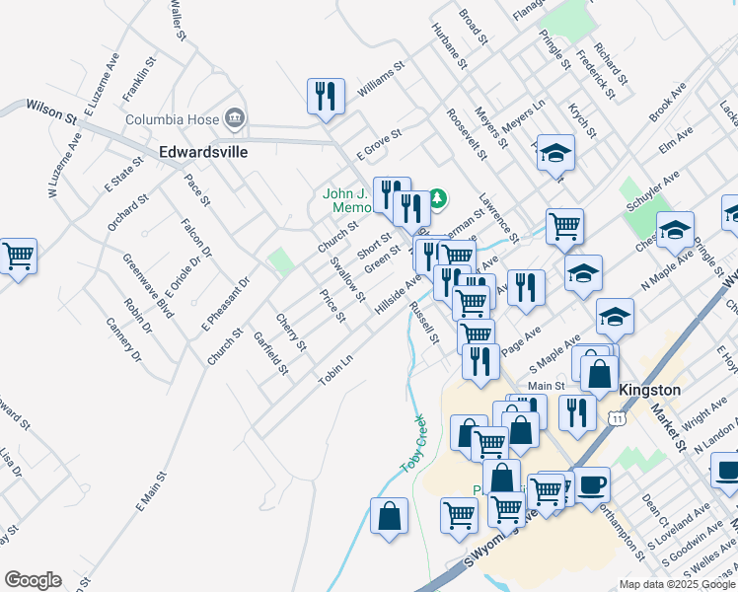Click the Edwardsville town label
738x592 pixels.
point(203,153)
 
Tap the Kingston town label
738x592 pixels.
point(649,390)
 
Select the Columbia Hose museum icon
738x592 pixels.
point(235,120)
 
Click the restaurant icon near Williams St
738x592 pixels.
point(324,96)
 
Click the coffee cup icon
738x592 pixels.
point(593,484)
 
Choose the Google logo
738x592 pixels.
point(33,580)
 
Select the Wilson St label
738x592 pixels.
point(51,110)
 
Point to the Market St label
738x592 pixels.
point(669,427)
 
